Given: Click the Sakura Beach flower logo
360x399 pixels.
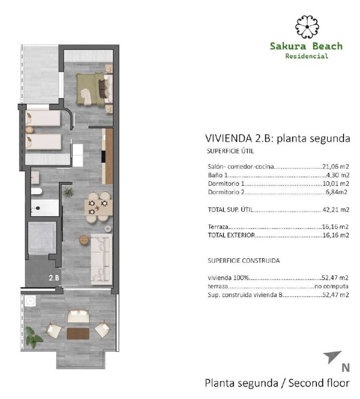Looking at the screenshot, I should point(306,25).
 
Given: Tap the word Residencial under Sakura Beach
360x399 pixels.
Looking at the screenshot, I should point(306,56).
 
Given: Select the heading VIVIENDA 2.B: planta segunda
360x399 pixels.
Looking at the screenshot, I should point(276,139).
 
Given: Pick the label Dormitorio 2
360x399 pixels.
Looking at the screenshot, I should point(225,192).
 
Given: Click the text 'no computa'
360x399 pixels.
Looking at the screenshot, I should point(331,286).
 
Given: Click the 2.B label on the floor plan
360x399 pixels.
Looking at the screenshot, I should point(54,277).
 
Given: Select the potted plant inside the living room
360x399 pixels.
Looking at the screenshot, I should point(68,193).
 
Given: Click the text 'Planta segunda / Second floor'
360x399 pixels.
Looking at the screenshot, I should point(277,383).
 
